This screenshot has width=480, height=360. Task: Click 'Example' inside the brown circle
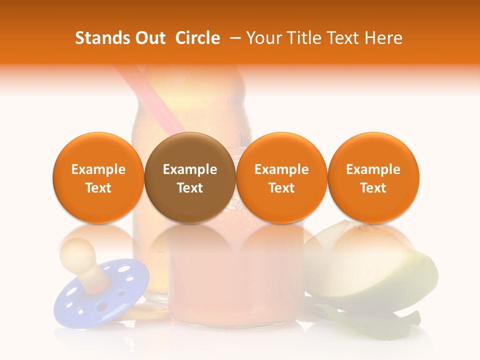tap(190, 169)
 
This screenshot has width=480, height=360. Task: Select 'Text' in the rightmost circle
tap(373, 188)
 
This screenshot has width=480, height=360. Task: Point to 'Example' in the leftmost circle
tap(98, 169)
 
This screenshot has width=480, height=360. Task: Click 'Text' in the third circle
tap(281, 188)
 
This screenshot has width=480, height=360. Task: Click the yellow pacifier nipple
tap(80, 255)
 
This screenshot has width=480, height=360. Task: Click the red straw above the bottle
tap(150, 95)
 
